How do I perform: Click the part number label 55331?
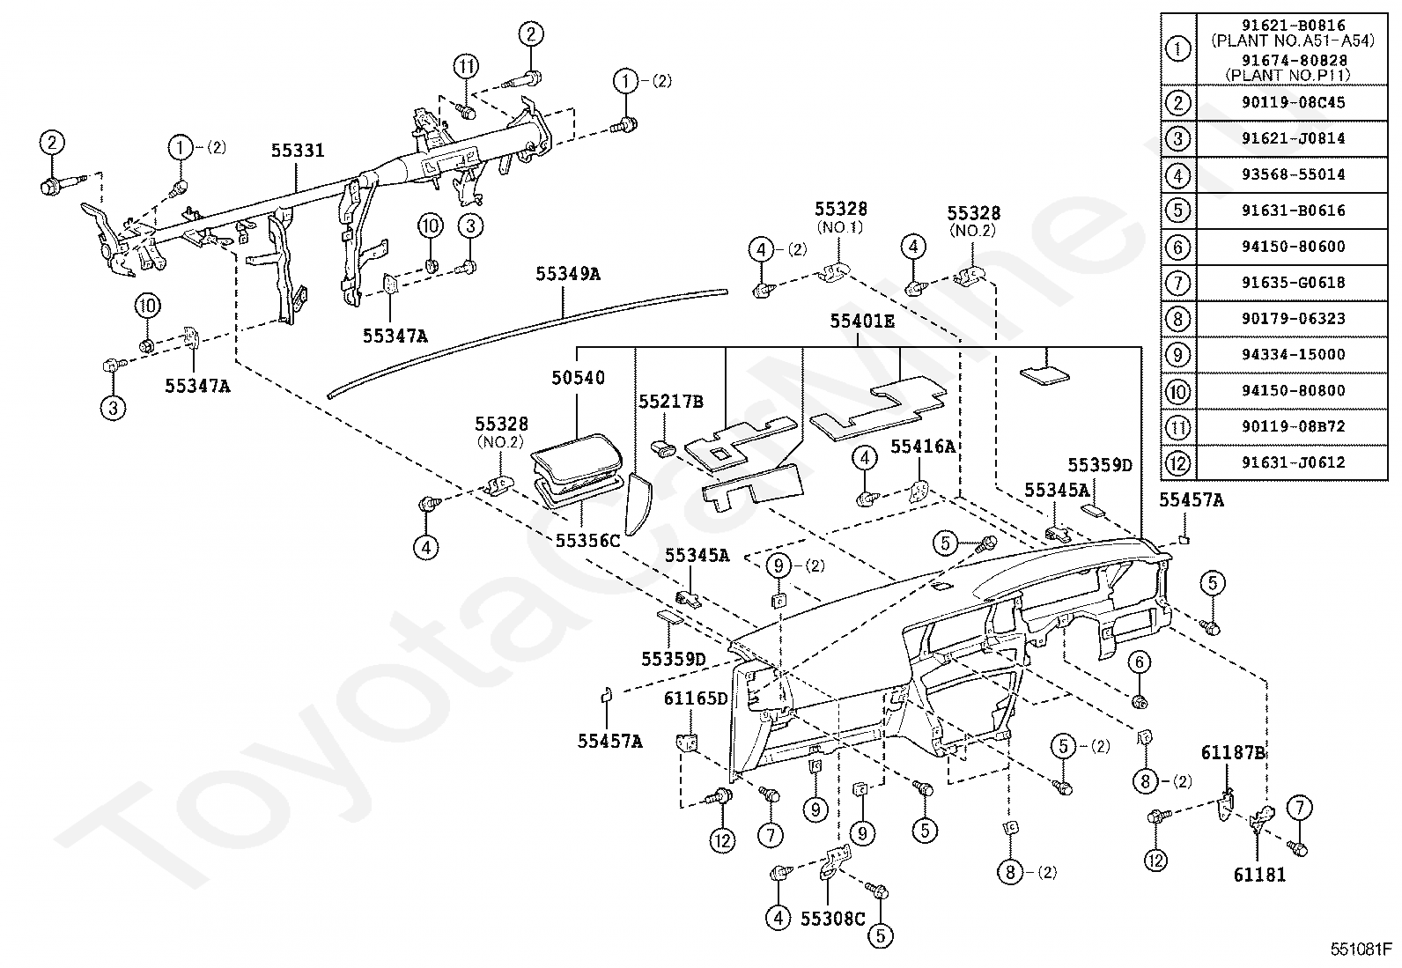pos(298,151)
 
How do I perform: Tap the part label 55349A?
pos(568,274)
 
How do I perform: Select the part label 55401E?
pos(862,321)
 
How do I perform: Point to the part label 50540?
pos(578,378)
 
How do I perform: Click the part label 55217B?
pos(671,402)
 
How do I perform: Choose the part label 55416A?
pos(923,447)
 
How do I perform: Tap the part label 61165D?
pos(696,698)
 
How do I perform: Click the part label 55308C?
pos(833,919)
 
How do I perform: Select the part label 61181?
pos(1259,875)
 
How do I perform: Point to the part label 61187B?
pos(1233,752)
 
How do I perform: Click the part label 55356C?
pos(587,540)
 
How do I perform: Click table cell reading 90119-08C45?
pos(1293,103)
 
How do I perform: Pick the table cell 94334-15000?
pos(1293,354)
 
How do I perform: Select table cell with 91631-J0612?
pos(1293,462)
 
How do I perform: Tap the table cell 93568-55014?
pos(1293,174)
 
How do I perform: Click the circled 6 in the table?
pos(1178,247)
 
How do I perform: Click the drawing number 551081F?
pos(1361,950)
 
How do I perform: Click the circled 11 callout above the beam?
pos(466,66)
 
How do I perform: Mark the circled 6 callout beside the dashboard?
pos(1140,662)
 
